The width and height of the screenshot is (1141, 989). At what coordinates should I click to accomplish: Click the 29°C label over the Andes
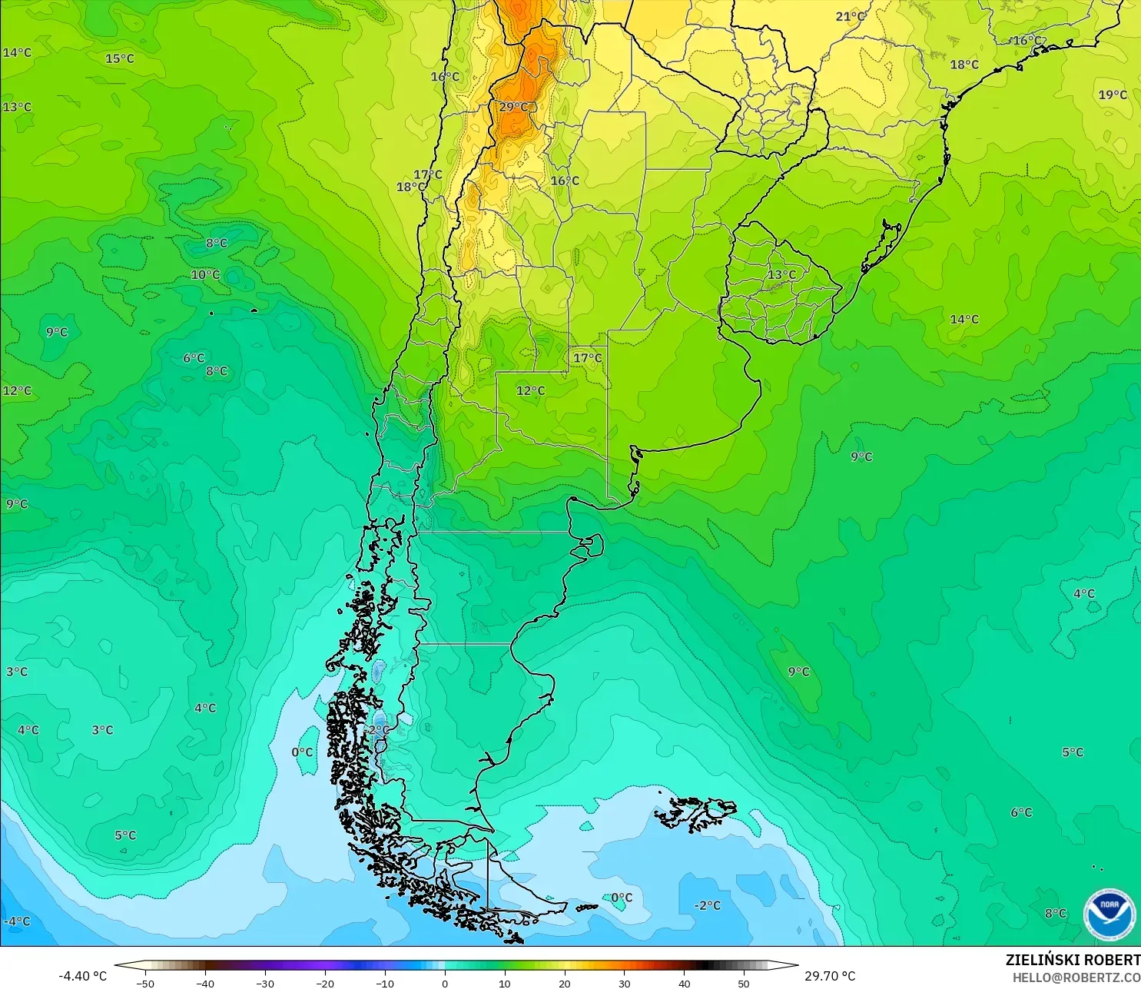pos(514,107)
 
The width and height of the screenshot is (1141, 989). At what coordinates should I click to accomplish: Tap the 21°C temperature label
pos(850,16)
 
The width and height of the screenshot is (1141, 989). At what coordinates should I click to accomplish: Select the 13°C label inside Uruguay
pos(781,274)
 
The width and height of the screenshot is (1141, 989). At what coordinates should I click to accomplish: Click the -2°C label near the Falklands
pos(707,905)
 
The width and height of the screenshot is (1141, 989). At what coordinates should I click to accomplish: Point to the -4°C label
pos(17,921)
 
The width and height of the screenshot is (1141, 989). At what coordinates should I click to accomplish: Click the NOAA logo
pos(1109,914)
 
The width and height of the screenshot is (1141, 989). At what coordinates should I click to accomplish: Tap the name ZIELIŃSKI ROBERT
pos(1073,960)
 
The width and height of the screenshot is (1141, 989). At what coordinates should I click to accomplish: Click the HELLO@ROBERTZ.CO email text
pos(1076,977)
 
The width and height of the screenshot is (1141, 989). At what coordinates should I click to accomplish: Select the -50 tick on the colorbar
pos(145,983)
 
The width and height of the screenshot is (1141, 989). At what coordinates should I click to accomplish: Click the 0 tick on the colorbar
pos(444,983)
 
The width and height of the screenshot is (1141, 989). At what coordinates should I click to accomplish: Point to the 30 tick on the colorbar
pos(624,983)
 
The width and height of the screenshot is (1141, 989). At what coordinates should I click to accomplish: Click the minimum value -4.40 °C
pos(82,976)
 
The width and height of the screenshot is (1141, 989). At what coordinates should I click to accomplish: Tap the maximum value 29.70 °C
pos(830,976)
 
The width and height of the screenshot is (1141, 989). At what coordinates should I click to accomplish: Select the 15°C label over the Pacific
pos(119,58)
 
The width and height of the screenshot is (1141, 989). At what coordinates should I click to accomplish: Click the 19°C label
pos(1112,95)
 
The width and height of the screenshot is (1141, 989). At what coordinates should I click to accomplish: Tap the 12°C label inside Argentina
pos(530,390)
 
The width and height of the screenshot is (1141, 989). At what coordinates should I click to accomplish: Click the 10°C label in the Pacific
pos(205,274)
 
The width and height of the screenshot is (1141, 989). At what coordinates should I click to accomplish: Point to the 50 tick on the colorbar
pos(743,983)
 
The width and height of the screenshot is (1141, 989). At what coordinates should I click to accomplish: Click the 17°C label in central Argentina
pos(588,357)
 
